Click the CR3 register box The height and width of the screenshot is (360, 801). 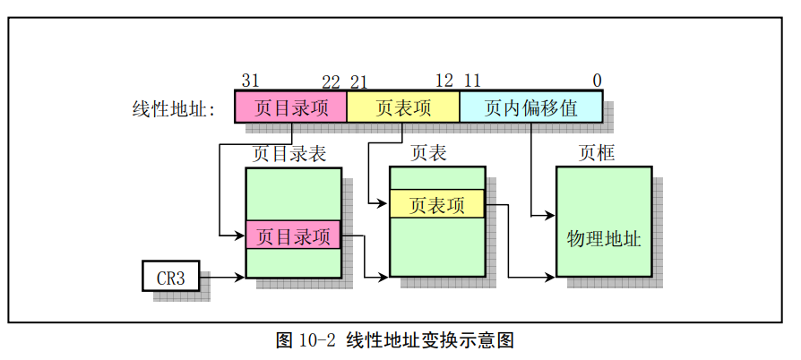pyautogui.click(x=170, y=277)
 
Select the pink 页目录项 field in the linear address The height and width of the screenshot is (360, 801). pyautogui.click(x=290, y=107)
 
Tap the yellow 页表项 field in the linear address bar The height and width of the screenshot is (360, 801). pyautogui.click(x=403, y=107)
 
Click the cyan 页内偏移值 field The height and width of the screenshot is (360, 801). pyautogui.click(x=530, y=107)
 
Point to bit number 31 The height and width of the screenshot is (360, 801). pyautogui.click(x=250, y=81)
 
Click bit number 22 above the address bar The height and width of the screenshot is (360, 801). pyautogui.click(x=331, y=81)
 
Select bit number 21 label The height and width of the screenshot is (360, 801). pyautogui.click(x=359, y=81)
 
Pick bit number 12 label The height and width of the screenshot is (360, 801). pyautogui.click(x=444, y=81)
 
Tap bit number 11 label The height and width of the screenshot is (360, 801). pyautogui.click(x=472, y=81)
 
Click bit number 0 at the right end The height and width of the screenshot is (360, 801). pyautogui.click(x=597, y=81)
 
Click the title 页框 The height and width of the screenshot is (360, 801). pyautogui.click(x=597, y=153)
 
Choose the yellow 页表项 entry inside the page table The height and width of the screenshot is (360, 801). pyautogui.click(x=436, y=204)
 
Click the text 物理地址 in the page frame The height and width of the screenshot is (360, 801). pyautogui.click(x=603, y=239)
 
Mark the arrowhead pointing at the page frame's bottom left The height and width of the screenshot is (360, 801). pyautogui.click(x=549, y=277)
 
